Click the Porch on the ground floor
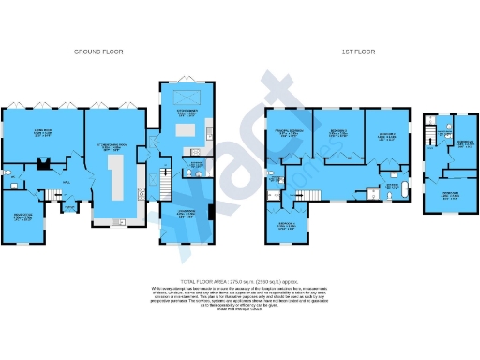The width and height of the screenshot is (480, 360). point(69,208)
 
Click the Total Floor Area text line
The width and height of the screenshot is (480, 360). point(239,279)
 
